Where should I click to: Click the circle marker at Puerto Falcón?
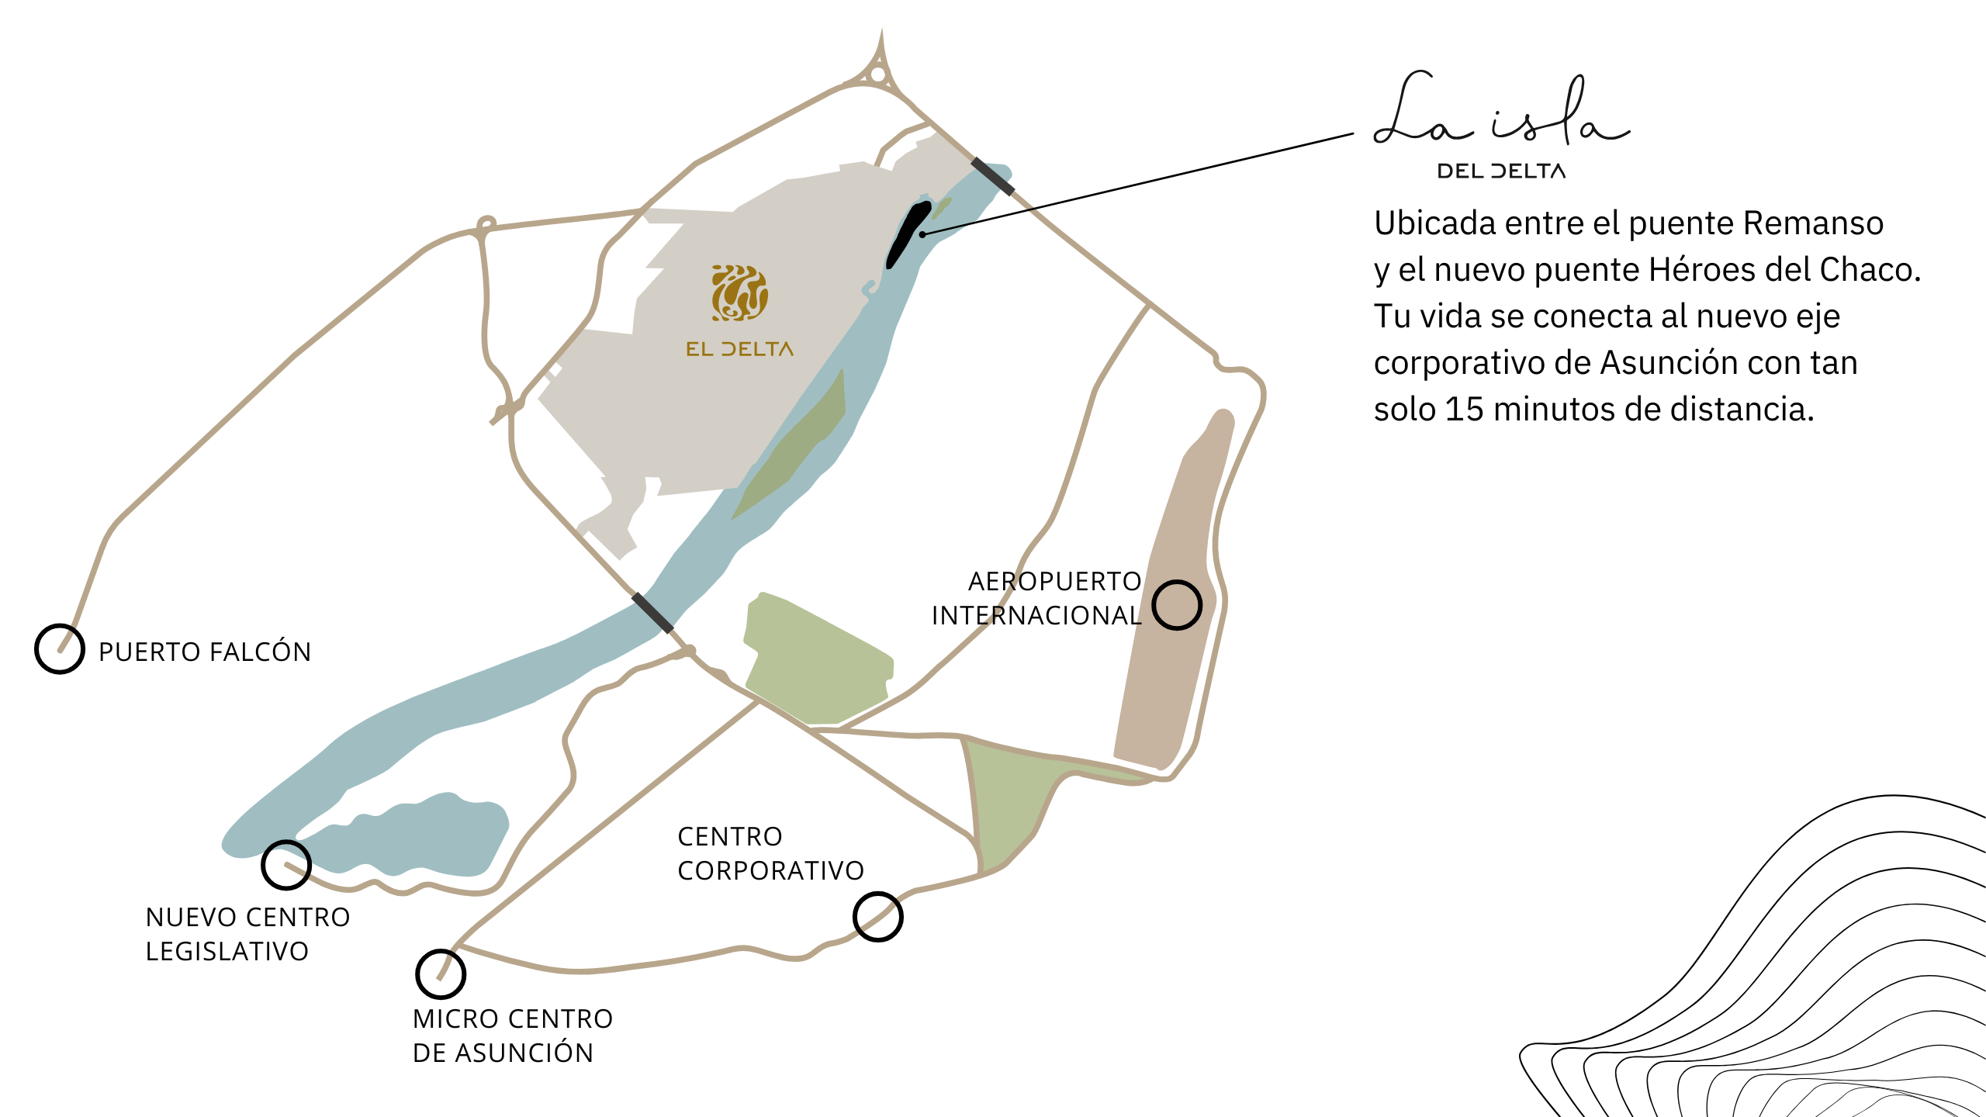pyautogui.click(x=60, y=649)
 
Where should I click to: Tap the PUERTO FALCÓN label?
pyautogui.click(x=205, y=652)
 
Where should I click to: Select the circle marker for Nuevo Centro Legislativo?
pyautogui.click(x=286, y=865)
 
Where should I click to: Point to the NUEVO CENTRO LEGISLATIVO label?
pyautogui.click(x=247, y=934)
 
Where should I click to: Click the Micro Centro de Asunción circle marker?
pyautogui.click(x=441, y=974)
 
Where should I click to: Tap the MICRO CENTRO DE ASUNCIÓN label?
pyautogui.click(x=513, y=1036)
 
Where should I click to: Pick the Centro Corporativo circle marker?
pyautogui.click(x=877, y=917)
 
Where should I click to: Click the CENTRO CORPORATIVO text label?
pyautogui.click(x=770, y=853)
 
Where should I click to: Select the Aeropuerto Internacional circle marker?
pyautogui.click(x=1177, y=605)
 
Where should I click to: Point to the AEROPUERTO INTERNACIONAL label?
pyautogui.click(x=1036, y=598)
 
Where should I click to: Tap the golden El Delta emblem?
pyautogui.click(x=740, y=293)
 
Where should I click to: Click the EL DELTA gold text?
pyautogui.click(x=739, y=349)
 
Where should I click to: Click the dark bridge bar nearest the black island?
pyautogui.click(x=993, y=177)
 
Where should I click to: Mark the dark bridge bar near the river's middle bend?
pyautogui.click(x=652, y=613)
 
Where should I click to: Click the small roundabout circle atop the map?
pyautogui.click(x=877, y=75)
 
